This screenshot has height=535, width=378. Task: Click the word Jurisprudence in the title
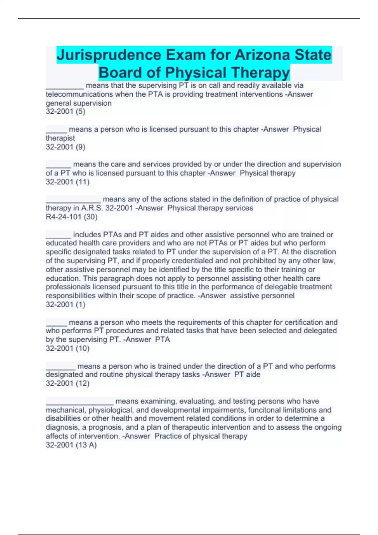[x=109, y=55]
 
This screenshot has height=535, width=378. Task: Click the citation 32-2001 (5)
[x=66, y=111]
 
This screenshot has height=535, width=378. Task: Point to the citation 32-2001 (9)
[x=66, y=147]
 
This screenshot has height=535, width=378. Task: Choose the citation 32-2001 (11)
[x=67, y=182]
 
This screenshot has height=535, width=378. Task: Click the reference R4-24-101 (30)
[x=72, y=217]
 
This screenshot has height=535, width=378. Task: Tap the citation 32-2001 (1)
[x=66, y=304]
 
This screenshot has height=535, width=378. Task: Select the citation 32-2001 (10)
[x=67, y=348]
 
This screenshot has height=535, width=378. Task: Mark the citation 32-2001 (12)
[x=67, y=383]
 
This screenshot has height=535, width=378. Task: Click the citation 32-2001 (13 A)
[x=71, y=445]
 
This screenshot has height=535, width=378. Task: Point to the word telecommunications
[x=79, y=94]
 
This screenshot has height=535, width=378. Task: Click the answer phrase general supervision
[x=79, y=103]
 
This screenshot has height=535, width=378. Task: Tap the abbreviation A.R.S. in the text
[x=92, y=208]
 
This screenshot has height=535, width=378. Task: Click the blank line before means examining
[x=79, y=402]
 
